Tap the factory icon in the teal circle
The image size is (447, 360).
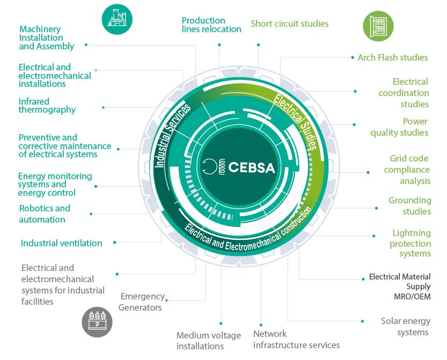point(116,20)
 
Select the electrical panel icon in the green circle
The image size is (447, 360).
point(378,26)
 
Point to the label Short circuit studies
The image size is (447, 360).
point(289,24)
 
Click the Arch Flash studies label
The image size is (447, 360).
point(392,57)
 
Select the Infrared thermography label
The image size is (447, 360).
point(47,105)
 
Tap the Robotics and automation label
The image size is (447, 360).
point(45,214)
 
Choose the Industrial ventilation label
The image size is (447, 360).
point(61,243)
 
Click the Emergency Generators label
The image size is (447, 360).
point(142,302)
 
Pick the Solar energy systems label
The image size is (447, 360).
point(406,327)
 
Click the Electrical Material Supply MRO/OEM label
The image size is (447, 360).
point(400,286)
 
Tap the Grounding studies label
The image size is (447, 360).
point(410,205)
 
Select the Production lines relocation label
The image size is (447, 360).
point(211,25)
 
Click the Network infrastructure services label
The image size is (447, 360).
point(296,339)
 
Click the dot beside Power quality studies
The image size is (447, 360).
point(355,124)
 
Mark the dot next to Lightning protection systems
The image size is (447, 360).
point(374,236)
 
